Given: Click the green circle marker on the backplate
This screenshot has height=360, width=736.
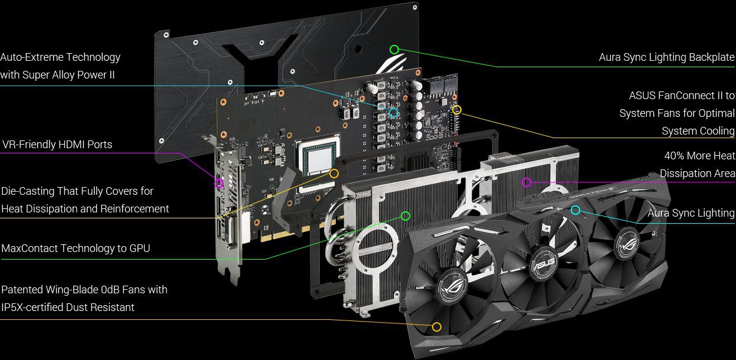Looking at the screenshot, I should [x=394, y=50].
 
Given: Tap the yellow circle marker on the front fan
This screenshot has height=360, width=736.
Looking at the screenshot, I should [x=437, y=327].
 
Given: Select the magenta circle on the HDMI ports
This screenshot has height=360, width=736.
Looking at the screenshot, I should [x=219, y=184].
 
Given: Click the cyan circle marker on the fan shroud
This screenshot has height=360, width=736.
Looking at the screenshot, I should [x=575, y=210].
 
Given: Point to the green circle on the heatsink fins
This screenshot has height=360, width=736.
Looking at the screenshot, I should [x=405, y=215].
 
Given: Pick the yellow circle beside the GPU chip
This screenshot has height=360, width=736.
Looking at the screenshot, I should [x=334, y=174].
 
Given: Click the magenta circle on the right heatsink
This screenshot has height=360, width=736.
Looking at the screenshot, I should [x=526, y=182].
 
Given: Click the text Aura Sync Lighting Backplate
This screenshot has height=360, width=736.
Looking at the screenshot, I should [x=666, y=57].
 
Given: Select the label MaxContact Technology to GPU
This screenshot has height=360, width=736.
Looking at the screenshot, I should [x=76, y=248].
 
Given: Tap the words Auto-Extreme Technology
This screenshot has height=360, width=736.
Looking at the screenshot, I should [x=60, y=57].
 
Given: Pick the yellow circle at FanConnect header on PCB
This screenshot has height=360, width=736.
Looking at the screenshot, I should [x=457, y=109].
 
